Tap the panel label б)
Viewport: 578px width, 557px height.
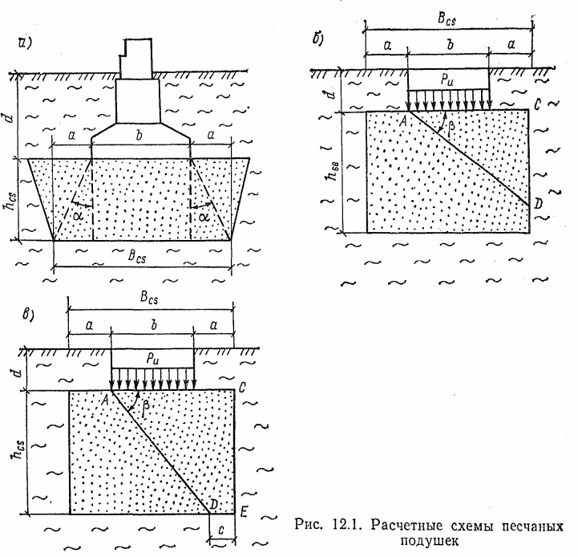(318, 39)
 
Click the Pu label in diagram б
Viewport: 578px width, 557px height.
(447, 79)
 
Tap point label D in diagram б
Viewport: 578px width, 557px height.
(536, 206)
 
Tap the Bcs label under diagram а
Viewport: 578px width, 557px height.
(143, 259)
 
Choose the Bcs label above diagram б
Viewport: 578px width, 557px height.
(447, 18)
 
